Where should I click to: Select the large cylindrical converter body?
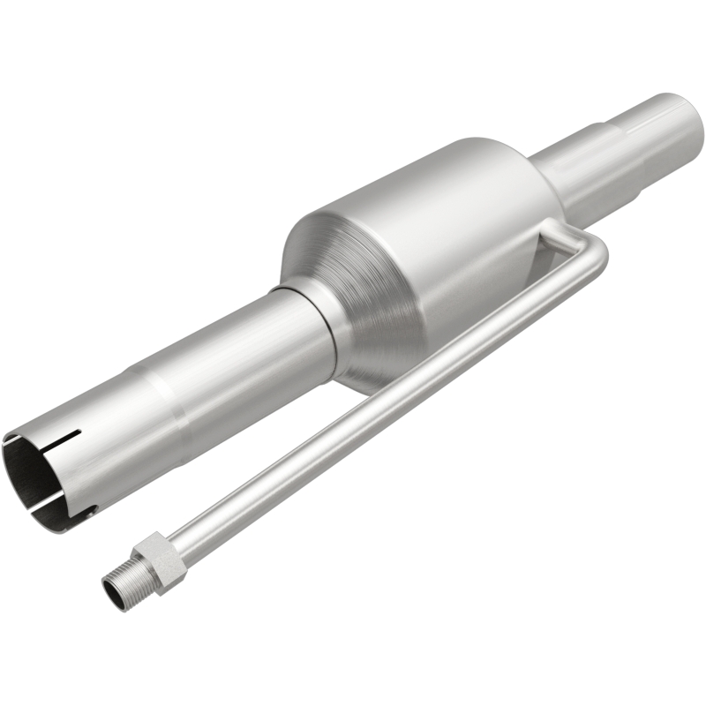coord(441,221)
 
